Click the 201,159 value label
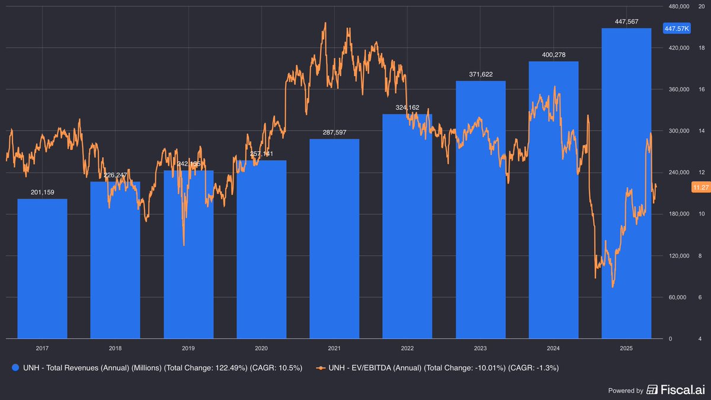pyautogui.click(x=42, y=192)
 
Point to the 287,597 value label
pyautogui.click(x=334, y=132)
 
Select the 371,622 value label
pyautogui.click(x=481, y=74)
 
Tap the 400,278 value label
pyautogui.click(x=553, y=55)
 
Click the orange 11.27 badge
pyautogui.click(x=700, y=187)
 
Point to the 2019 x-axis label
pyautogui.click(x=188, y=348)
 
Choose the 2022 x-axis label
pyautogui.click(x=407, y=348)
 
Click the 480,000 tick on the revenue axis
pyautogui.click(x=675, y=7)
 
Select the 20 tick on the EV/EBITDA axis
pyautogui.click(x=701, y=7)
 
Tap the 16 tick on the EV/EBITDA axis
pyautogui.click(x=701, y=89)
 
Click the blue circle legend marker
pyautogui.click(x=15, y=368)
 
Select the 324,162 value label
pyautogui.click(x=407, y=107)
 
